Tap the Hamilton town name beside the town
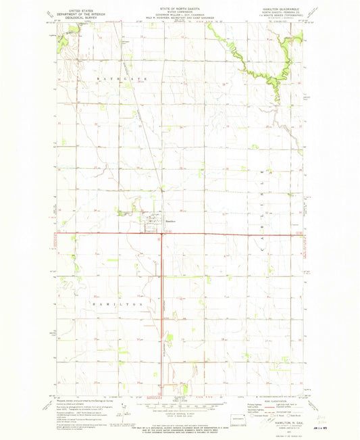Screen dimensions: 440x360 172,220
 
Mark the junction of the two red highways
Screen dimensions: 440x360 161,234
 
